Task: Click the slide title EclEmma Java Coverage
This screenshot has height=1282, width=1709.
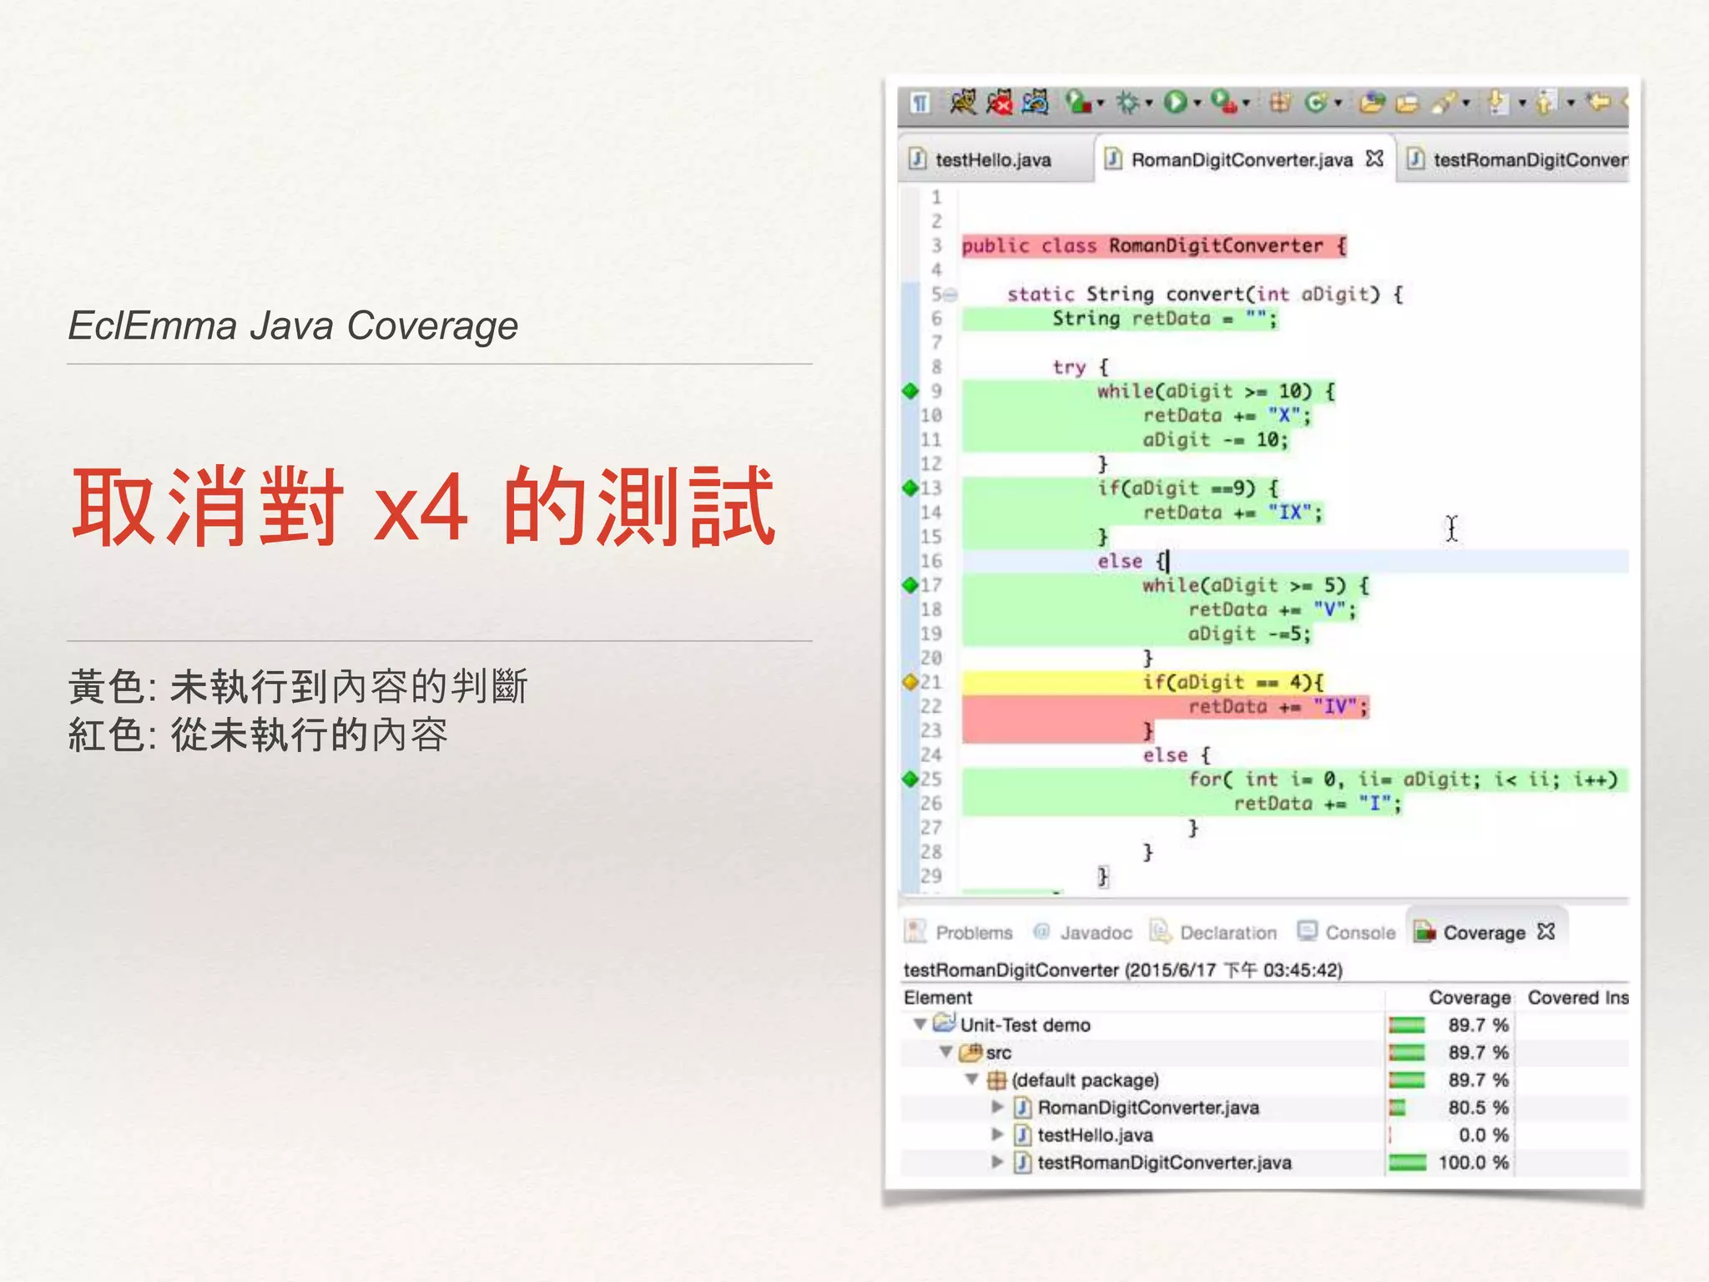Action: coord(293,326)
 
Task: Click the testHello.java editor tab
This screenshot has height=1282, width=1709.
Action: coord(992,159)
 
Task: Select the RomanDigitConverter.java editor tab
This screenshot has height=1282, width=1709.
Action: coord(1241,159)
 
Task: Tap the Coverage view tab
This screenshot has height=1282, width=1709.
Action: coord(1484,932)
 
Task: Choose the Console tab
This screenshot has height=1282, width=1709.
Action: coord(1359,932)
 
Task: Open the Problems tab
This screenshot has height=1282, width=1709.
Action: coord(973,932)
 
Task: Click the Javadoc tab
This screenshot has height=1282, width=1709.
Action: coord(1095,932)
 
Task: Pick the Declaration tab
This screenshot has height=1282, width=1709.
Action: coord(1228,932)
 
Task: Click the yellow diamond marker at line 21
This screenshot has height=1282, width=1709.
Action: coord(910,682)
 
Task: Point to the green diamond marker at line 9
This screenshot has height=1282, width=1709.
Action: coord(910,391)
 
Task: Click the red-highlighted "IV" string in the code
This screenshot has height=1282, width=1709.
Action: coord(1336,707)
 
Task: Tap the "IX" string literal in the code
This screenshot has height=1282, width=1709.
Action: coord(1290,512)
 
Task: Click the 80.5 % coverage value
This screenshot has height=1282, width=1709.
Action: coord(1478,1108)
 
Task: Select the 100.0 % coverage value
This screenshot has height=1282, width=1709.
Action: coord(1473,1163)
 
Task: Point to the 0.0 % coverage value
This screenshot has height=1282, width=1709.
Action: coord(1483,1135)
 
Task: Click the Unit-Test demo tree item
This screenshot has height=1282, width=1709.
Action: coord(1025,1025)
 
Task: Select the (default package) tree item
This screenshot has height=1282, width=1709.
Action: coord(1085,1080)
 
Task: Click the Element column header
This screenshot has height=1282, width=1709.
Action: coord(938,997)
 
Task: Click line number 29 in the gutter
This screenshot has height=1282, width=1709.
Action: coord(931,876)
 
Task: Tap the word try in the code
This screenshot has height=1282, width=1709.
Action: coord(1069,367)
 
